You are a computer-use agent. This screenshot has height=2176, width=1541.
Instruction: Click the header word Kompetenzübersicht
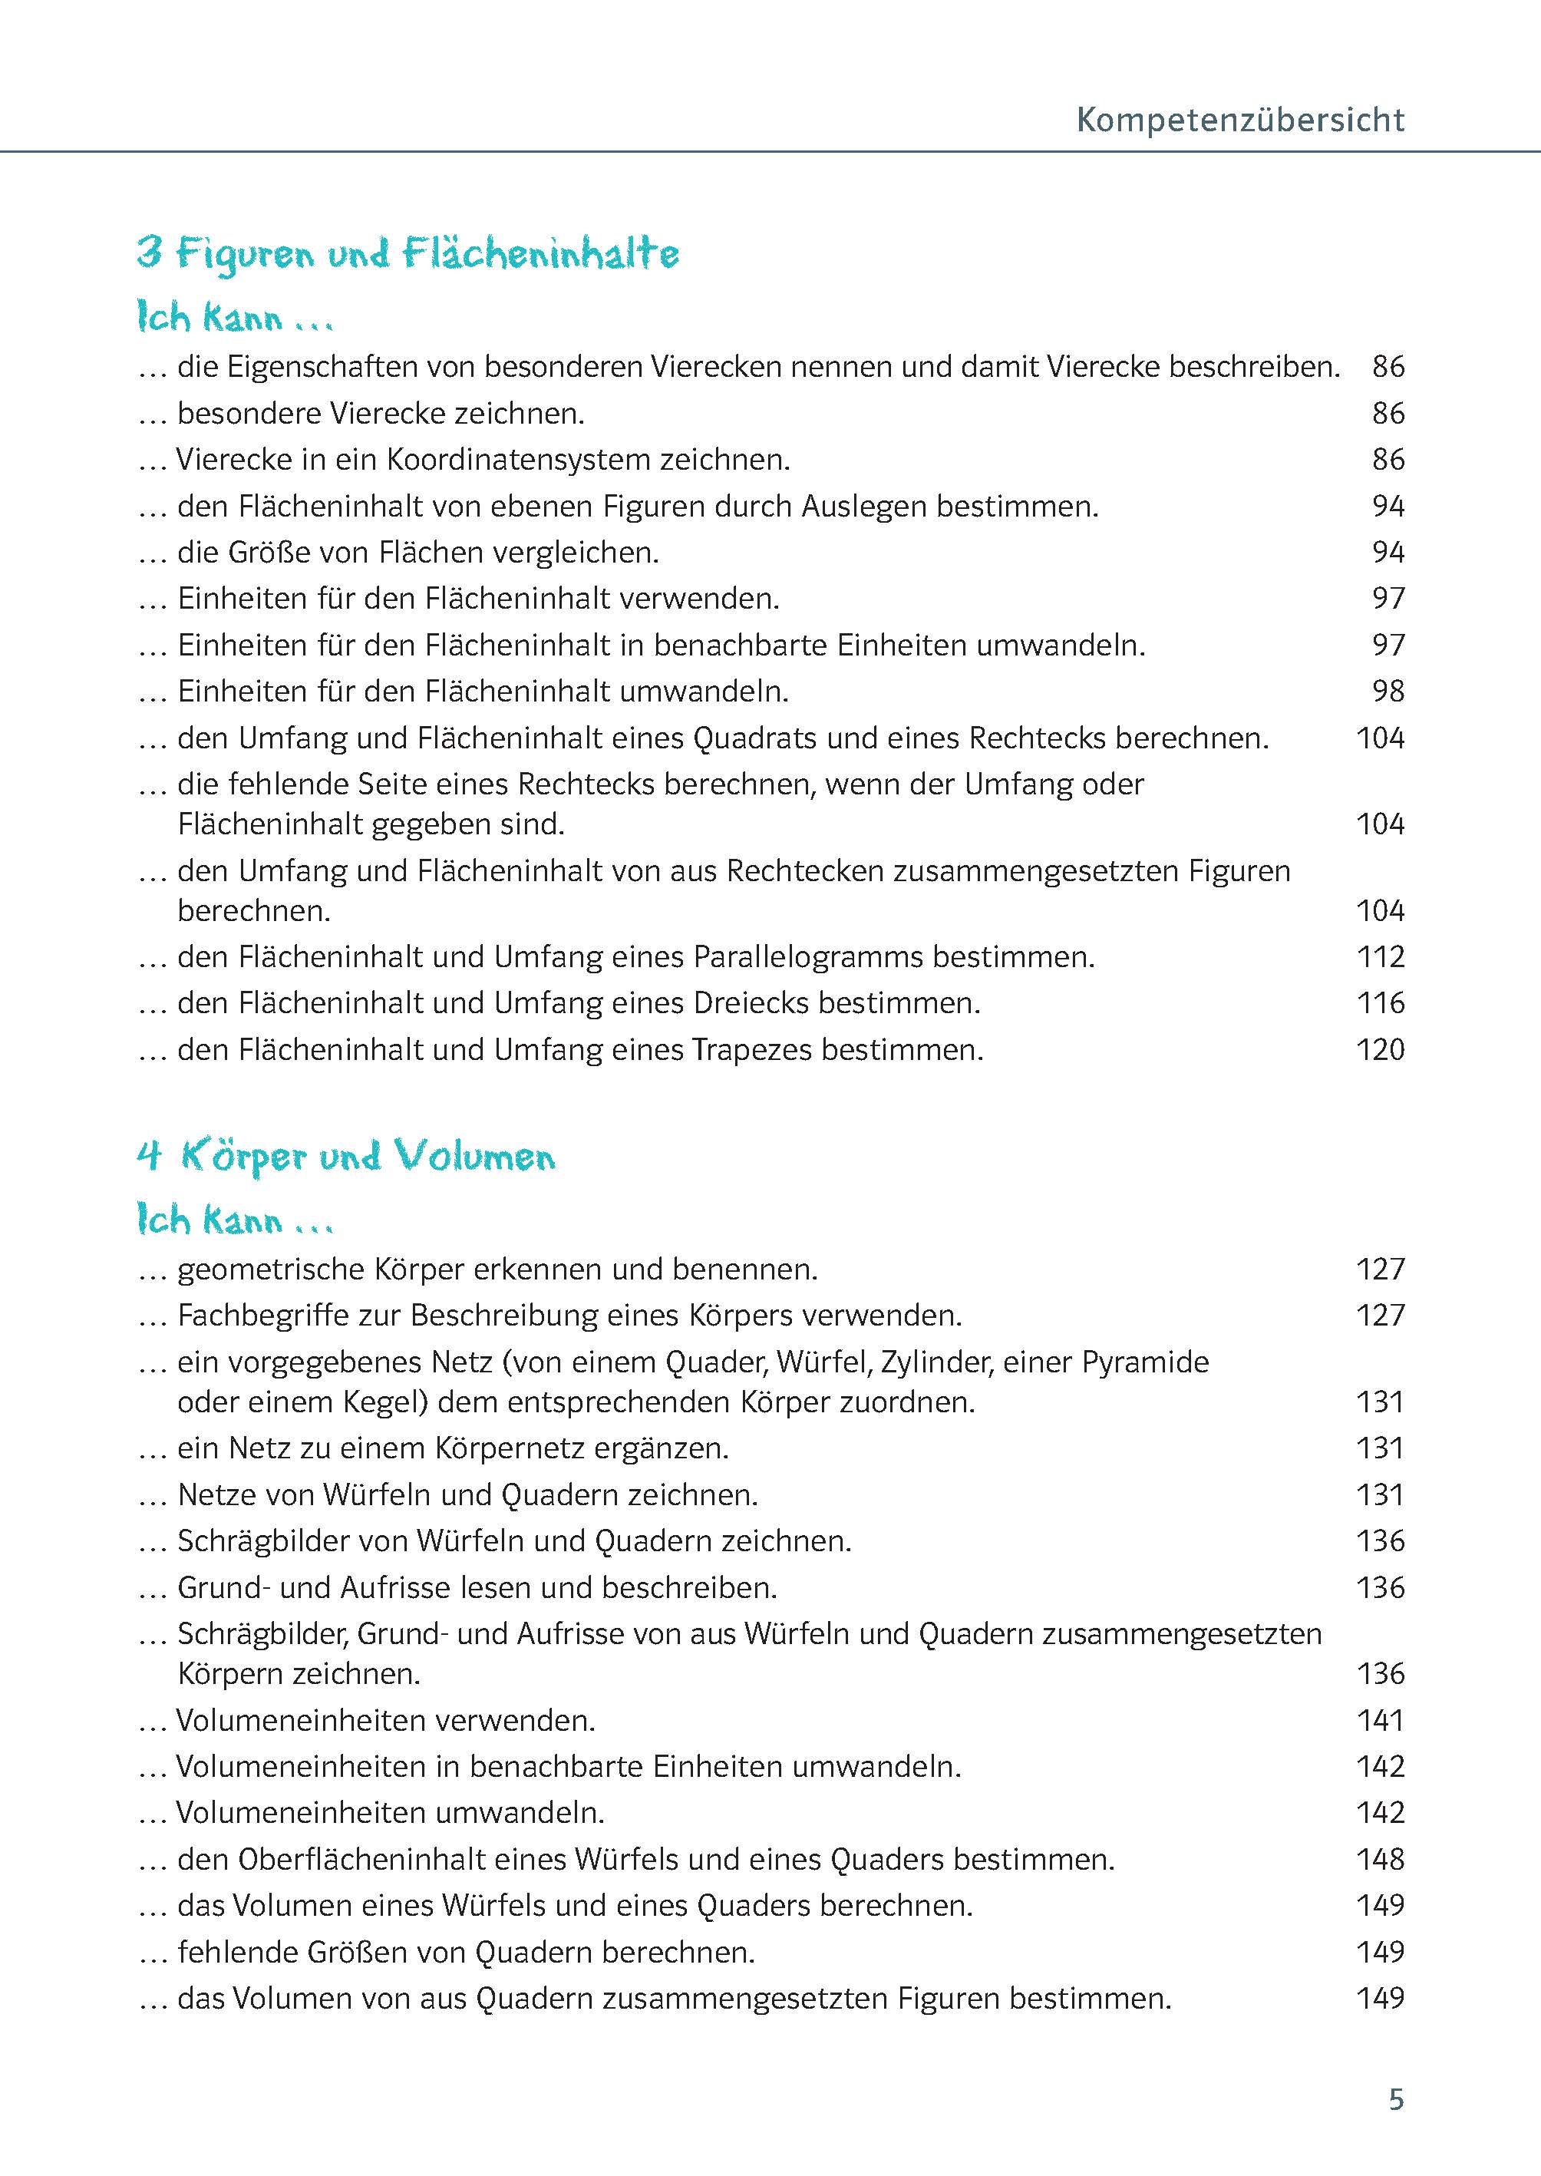click(1240, 121)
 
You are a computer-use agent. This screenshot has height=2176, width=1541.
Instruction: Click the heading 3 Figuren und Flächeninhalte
click(408, 254)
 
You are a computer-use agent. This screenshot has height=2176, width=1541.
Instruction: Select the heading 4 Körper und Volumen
click(346, 1157)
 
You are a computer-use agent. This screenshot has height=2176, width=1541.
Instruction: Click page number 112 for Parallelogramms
click(1380, 956)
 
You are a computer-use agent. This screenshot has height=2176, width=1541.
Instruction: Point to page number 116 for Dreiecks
click(1380, 1003)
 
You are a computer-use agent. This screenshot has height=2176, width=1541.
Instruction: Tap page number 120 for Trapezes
click(1380, 1049)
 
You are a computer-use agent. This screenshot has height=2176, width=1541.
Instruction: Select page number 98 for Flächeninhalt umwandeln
click(1388, 691)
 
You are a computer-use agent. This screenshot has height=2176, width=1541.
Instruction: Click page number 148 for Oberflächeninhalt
click(1380, 1859)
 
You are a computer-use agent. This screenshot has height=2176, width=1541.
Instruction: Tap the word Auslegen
click(864, 507)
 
